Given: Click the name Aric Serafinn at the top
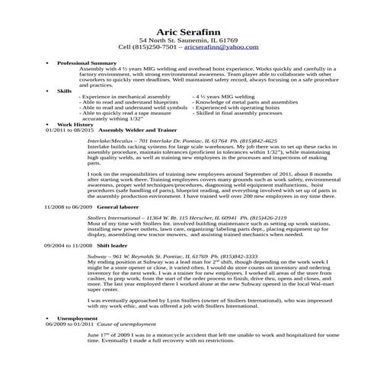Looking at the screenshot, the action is tap(188, 29).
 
